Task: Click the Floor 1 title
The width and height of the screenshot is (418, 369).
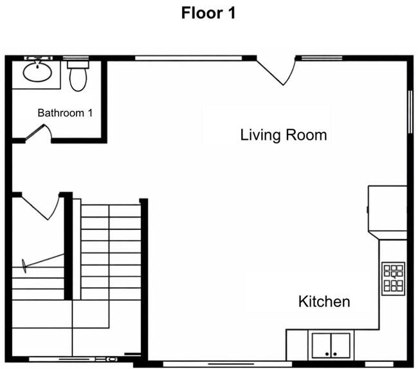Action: pos(208,13)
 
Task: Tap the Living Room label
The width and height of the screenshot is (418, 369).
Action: pos(283,135)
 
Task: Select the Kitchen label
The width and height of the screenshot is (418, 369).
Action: pos(324,301)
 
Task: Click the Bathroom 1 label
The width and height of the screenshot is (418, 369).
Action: pos(65,113)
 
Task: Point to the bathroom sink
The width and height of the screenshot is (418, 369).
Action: pos(38,71)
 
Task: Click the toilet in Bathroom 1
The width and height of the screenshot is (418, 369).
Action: pos(78,76)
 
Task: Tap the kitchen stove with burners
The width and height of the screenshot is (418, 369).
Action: pos(393,278)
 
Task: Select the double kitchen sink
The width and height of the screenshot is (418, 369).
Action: pos(331,345)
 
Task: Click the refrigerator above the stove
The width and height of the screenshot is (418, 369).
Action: pos(387,209)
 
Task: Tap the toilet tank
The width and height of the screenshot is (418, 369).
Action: pos(78,63)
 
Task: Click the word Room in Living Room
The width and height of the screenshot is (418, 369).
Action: pos(306,135)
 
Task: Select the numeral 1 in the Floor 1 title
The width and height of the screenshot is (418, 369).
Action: pos(230,13)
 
